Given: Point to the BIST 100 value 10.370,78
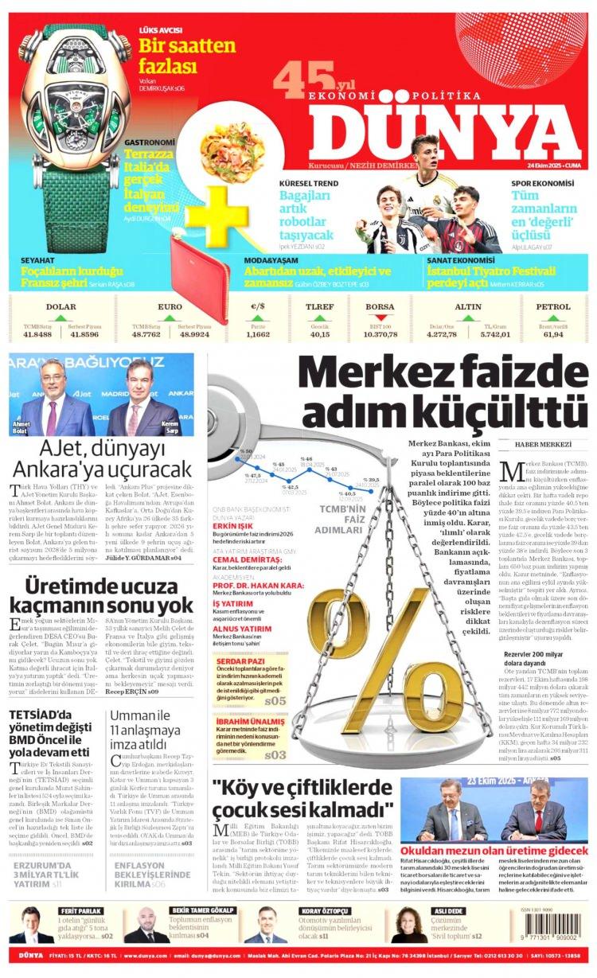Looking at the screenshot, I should coord(380,334).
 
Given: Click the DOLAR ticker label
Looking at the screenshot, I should coord(61,306).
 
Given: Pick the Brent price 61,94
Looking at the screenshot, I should coord(553,334).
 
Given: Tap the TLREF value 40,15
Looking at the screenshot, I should coord(320,334).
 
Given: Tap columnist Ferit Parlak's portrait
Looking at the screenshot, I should coord(30,925).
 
